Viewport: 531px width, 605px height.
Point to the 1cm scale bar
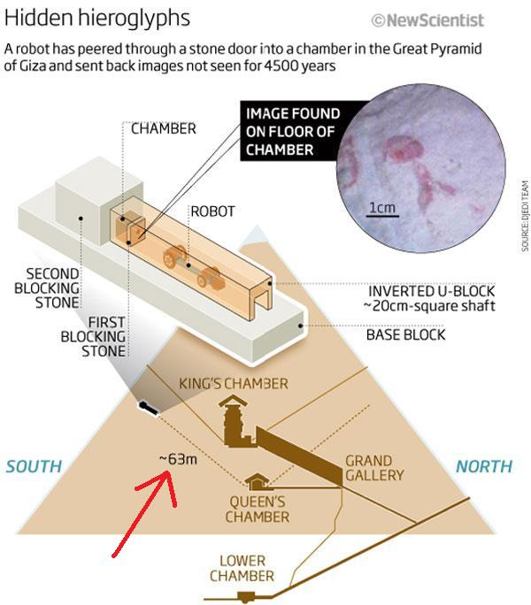click(381, 210)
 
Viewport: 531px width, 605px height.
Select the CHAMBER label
click(164, 128)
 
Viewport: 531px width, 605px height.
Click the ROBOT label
click(212, 211)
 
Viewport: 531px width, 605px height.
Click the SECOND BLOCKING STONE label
click(53, 287)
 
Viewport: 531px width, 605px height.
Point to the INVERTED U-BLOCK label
click(430, 299)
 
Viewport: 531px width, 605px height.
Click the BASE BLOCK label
click(405, 335)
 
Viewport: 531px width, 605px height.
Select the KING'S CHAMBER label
click(234, 384)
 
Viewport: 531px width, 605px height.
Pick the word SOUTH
click(34, 466)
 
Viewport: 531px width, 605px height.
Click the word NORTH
click(483, 466)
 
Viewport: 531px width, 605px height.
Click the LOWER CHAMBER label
click(248, 568)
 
